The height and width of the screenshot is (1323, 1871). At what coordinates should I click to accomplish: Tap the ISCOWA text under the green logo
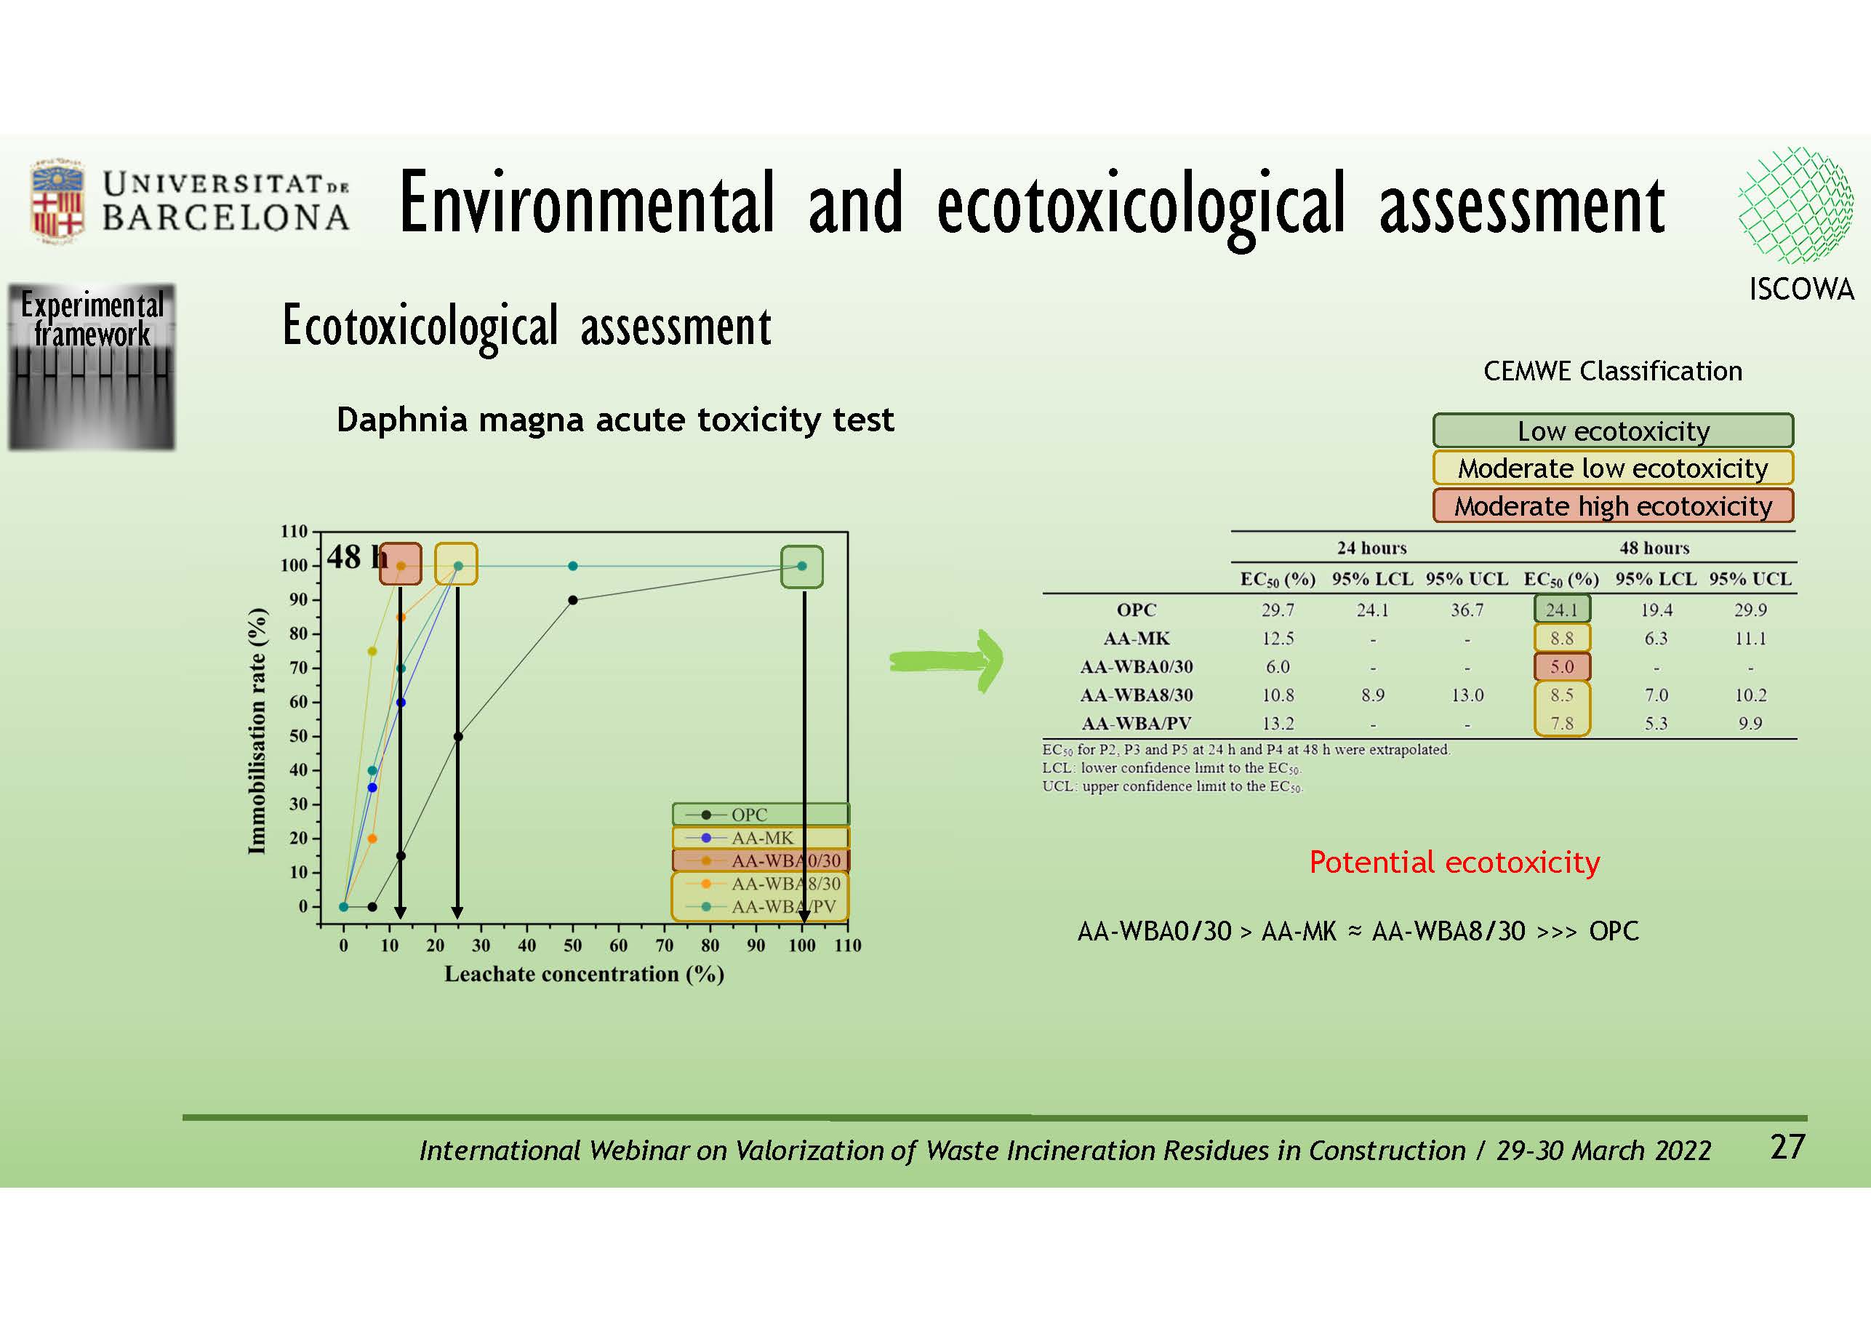point(1801,289)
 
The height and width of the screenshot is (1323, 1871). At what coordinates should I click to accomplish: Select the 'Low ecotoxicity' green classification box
point(1613,431)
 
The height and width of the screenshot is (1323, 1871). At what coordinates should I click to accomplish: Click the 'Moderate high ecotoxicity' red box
point(1613,505)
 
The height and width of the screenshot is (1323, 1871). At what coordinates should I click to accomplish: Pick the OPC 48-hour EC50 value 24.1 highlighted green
point(1561,609)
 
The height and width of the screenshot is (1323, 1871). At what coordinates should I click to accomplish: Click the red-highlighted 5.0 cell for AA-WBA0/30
point(1561,667)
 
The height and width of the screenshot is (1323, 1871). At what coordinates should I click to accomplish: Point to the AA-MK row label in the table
point(1136,639)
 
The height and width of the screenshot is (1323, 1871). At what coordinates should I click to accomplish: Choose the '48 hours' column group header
point(1654,548)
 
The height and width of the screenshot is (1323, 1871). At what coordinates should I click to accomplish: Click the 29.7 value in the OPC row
point(1277,609)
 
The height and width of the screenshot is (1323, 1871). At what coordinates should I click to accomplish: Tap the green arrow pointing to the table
point(947,660)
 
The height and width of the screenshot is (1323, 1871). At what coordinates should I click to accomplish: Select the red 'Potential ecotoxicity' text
point(1454,863)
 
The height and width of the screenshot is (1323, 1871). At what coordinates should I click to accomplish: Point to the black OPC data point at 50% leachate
point(573,600)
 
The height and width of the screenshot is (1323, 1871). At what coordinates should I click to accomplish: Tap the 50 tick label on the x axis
point(573,946)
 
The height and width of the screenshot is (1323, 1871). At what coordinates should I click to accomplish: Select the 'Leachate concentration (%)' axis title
point(585,974)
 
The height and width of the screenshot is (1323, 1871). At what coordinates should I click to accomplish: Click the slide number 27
point(1789,1147)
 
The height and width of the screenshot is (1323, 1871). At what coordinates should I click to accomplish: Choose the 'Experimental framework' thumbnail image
point(92,367)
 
